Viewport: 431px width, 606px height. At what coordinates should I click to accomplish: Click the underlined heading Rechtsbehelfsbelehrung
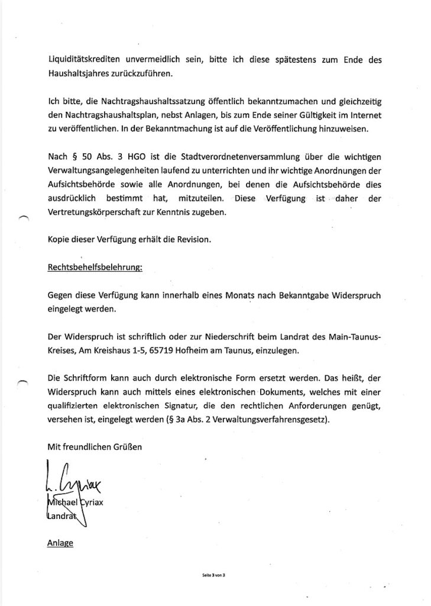[95, 267]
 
